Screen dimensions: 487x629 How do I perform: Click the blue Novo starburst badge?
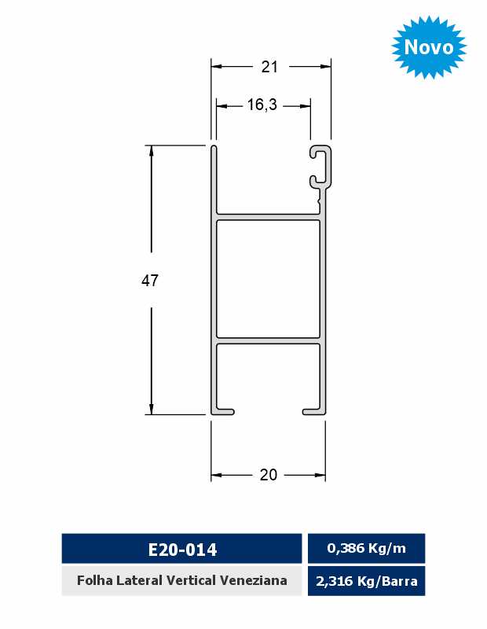(428, 47)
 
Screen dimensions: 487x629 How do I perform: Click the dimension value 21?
(269, 67)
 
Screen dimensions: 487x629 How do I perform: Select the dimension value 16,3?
(262, 105)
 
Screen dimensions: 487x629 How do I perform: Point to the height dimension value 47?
(150, 281)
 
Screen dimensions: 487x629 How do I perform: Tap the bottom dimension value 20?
(268, 475)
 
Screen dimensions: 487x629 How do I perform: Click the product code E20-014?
(182, 550)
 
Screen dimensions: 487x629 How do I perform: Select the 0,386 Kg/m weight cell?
(366, 548)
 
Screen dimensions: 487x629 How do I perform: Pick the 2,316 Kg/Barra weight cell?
(366, 581)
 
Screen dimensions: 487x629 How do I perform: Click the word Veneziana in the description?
(254, 580)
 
